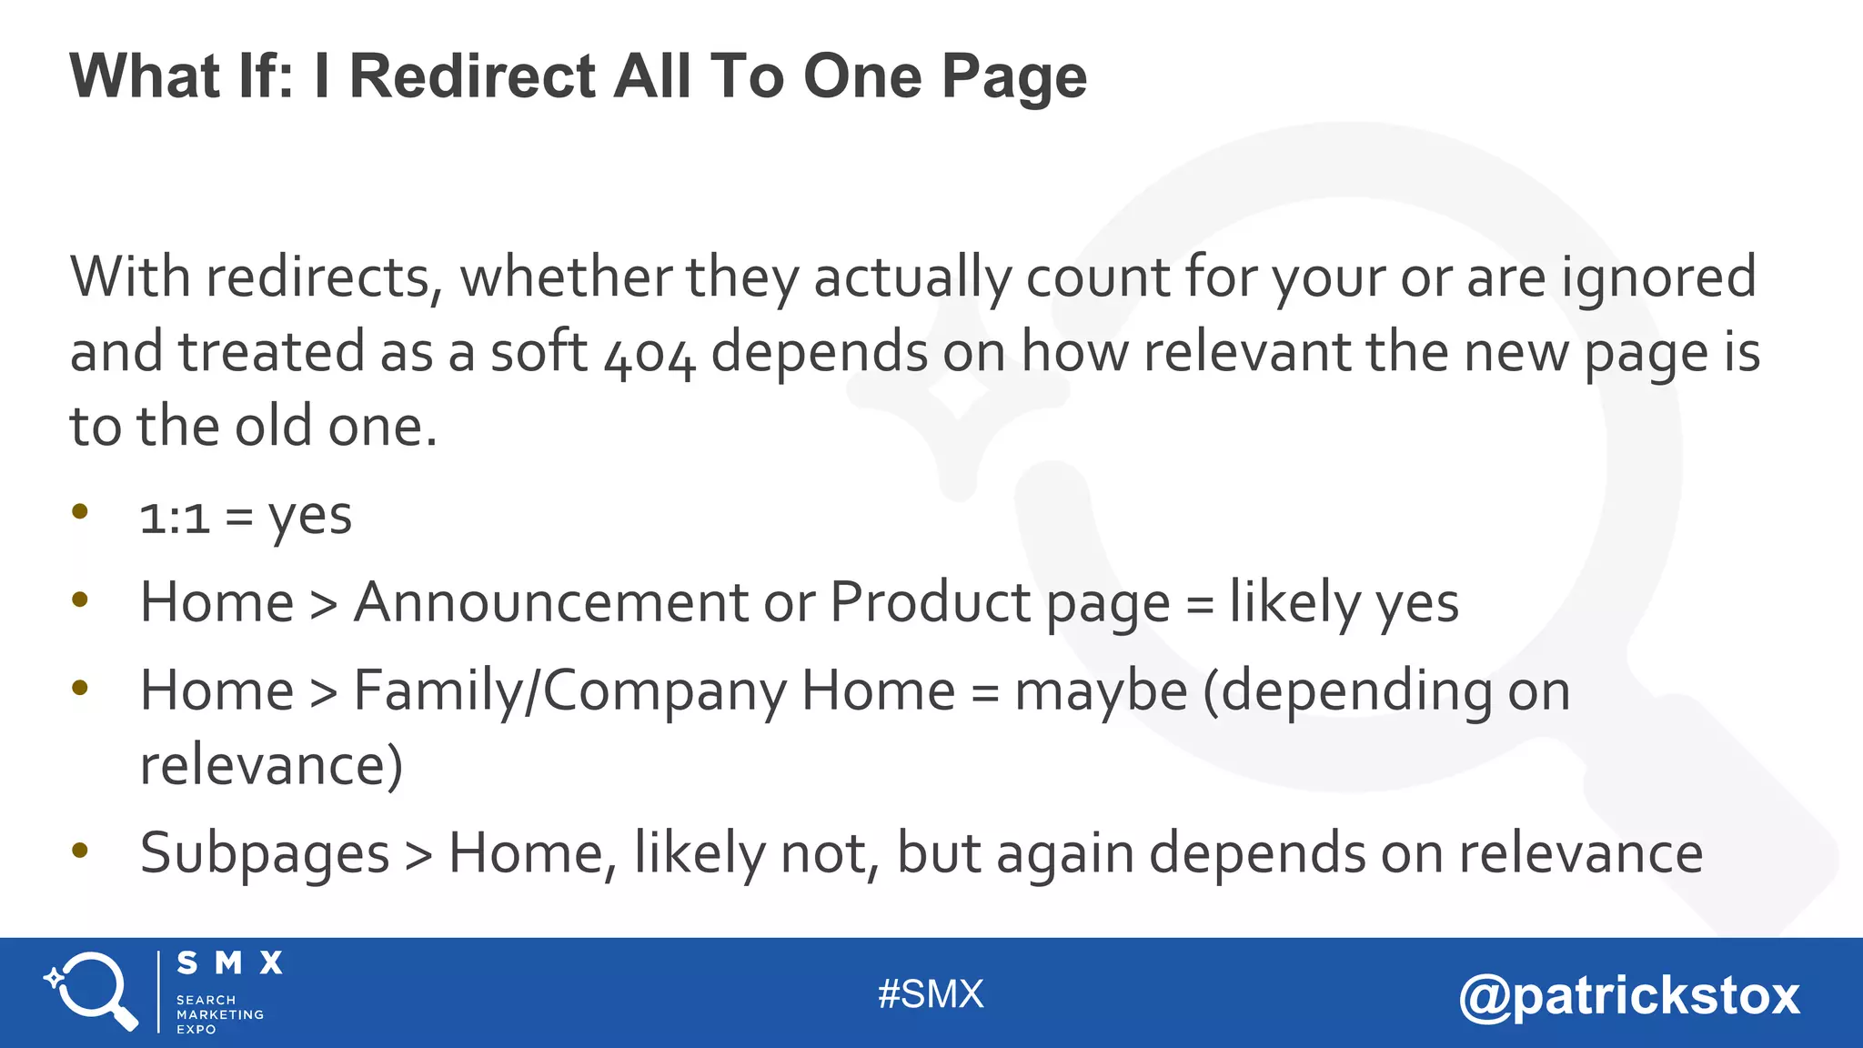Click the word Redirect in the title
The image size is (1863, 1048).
pos(472,76)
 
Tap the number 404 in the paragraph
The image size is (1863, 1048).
pos(650,355)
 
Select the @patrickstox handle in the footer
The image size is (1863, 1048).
pos(1629,995)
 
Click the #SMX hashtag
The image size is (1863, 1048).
pos(931,994)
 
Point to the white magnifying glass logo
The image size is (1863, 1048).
pos(91,991)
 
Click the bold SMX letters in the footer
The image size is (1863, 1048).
pos(229,962)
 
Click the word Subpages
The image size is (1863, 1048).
pos(265,854)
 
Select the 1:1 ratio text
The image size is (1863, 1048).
pos(175,518)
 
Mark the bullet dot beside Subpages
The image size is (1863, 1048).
pos(80,851)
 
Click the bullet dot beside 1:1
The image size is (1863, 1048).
pos(80,511)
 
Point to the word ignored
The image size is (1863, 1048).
pos(1658,277)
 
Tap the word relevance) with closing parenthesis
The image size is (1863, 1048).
pos(271,765)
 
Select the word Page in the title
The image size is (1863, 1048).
pos(1013,77)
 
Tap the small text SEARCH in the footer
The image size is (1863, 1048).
pos(206,1000)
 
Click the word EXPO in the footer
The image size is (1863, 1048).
pos(196,1029)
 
